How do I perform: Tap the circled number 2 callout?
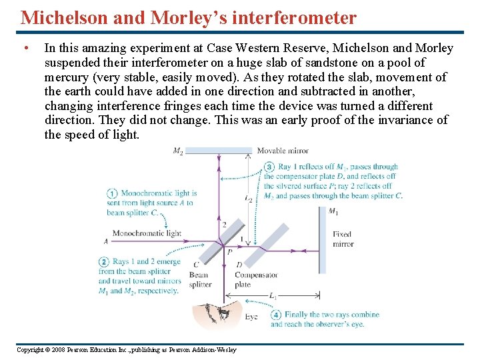tap(104, 261)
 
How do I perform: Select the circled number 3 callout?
tap(269, 167)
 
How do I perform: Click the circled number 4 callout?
tap(275, 314)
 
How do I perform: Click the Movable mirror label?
tap(283, 151)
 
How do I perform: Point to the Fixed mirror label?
tap(343, 239)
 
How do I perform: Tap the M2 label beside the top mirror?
tap(178, 151)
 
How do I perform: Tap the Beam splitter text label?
tap(199, 279)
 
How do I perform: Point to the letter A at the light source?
tap(107, 241)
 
